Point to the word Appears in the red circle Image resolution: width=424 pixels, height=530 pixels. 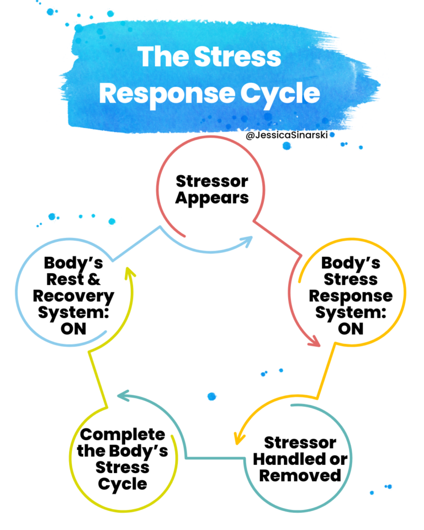click(x=212, y=197)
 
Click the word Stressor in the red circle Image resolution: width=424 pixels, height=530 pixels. click(x=212, y=181)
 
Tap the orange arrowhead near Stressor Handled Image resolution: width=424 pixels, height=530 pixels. click(x=239, y=438)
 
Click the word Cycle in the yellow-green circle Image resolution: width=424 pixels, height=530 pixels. click(x=122, y=484)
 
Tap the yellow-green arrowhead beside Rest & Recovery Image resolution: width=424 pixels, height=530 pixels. click(x=129, y=272)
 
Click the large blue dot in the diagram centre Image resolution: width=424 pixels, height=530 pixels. click(x=211, y=396)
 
